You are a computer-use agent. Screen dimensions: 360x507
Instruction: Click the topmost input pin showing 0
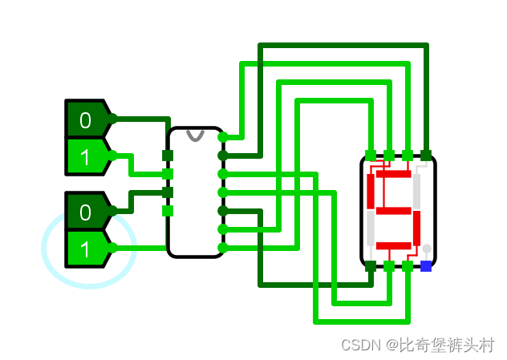(x=86, y=120)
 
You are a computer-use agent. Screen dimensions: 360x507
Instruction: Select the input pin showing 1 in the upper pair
(x=86, y=156)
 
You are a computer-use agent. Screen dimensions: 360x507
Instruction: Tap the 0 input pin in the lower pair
(x=86, y=212)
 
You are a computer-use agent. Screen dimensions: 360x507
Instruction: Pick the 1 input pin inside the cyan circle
(x=86, y=249)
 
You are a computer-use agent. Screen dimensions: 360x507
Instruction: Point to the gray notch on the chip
(x=195, y=134)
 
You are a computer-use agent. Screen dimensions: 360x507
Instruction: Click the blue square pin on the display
(x=426, y=266)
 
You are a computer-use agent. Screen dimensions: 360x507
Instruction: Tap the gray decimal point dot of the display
(x=427, y=249)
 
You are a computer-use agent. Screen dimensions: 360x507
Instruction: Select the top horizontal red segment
(x=393, y=174)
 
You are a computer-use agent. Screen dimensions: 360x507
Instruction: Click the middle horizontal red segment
(x=393, y=210)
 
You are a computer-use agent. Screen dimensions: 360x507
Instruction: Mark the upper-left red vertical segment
(x=371, y=191)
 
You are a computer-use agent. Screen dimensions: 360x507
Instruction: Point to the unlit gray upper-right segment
(x=416, y=191)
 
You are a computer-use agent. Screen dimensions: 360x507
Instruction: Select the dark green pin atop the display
(x=426, y=155)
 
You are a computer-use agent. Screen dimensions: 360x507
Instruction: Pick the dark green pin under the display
(x=371, y=266)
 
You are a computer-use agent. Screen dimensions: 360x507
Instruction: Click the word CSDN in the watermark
(x=359, y=345)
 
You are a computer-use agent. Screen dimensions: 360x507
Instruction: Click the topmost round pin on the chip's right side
(x=222, y=137)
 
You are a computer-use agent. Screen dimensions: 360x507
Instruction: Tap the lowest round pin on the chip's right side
(x=222, y=248)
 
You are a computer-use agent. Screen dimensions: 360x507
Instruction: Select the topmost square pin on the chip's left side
(x=168, y=155)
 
